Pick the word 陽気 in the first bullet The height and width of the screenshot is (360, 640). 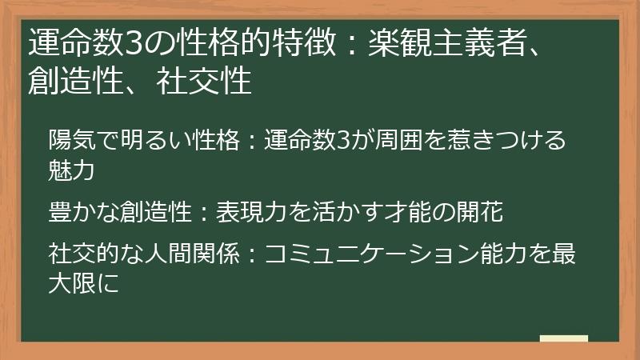click(x=69, y=140)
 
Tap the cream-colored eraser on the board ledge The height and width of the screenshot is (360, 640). click(x=564, y=339)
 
